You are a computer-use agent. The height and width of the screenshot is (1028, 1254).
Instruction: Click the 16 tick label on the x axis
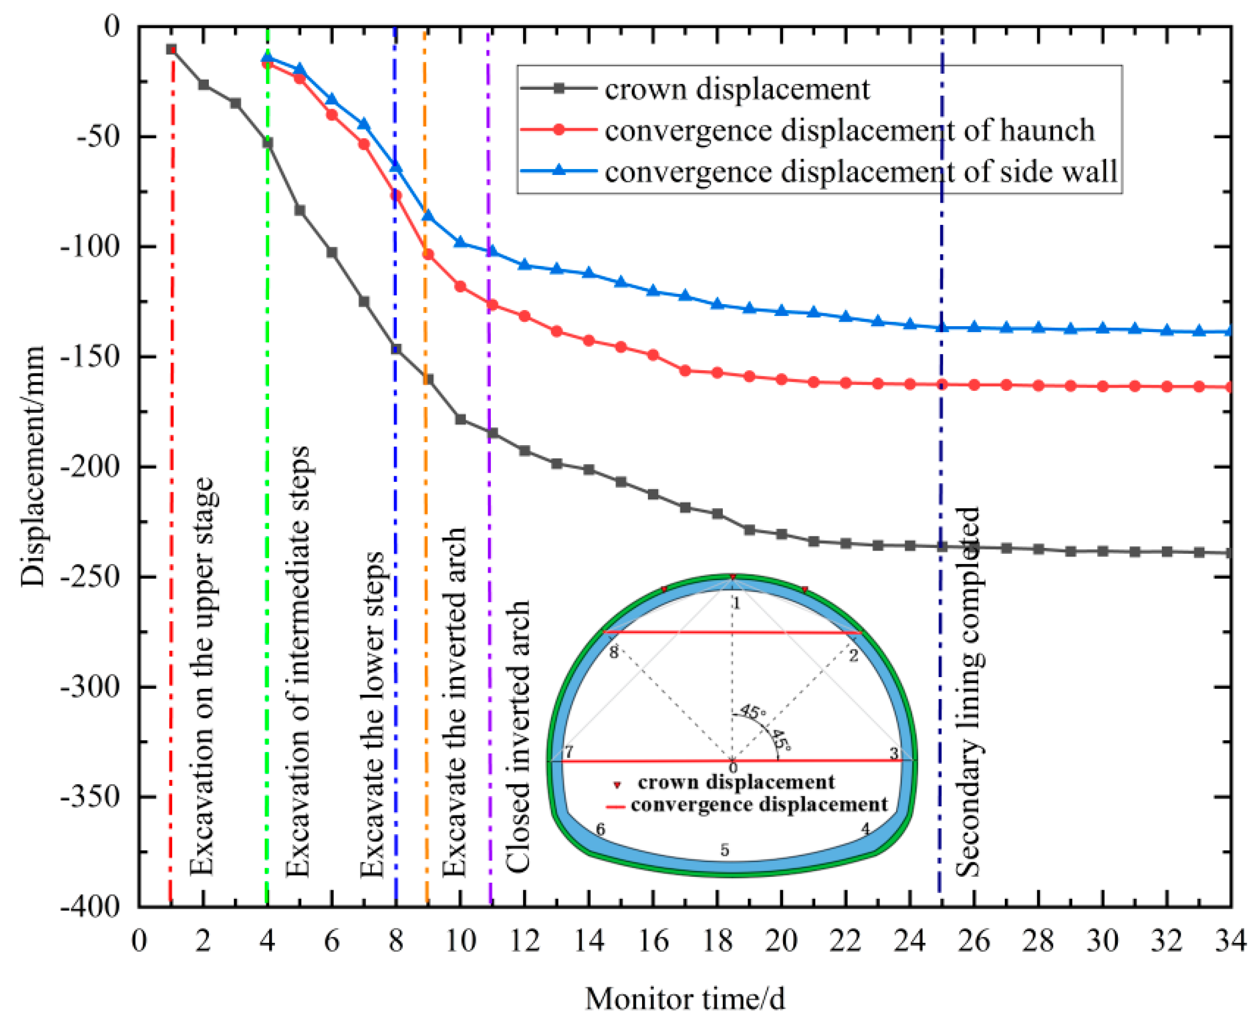point(653,940)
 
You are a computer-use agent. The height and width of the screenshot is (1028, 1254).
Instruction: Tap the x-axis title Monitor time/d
point(685,998)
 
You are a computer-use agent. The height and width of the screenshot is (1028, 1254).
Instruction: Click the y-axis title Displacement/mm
point(33,466)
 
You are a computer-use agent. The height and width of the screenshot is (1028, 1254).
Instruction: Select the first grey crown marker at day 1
point(171,49)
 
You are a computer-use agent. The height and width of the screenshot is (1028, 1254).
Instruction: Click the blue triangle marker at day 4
point(267,57)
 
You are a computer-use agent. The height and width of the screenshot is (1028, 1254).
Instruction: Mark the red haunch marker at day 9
point(427,255)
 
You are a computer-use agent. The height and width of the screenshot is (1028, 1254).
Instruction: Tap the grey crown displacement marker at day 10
point(460,419)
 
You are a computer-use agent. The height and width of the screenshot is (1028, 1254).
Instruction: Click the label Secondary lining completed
point(969,692)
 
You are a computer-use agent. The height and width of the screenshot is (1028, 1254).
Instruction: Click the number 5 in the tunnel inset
point(724,850)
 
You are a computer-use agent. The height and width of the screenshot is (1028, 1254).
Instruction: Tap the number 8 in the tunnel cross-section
point(614,652)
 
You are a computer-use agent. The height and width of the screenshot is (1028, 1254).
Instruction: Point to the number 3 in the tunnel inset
point(893,753)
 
